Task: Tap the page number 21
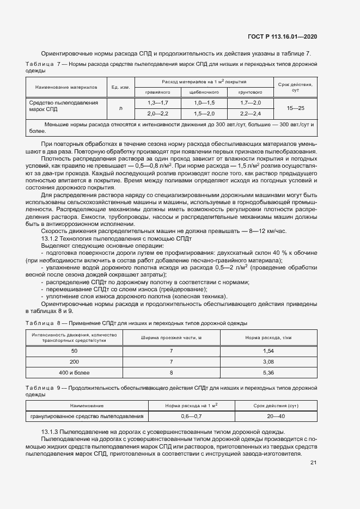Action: (313, 463)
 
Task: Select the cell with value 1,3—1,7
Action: (158, 103)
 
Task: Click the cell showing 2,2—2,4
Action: (250, 113)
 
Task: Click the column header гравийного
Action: (158, 92)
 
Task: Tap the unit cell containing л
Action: (120, 108)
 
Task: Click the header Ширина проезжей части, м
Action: (171, 338)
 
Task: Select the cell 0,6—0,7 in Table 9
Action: (191, 416)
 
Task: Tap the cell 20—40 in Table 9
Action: (276, 416)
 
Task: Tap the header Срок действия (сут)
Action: (276, 406)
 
